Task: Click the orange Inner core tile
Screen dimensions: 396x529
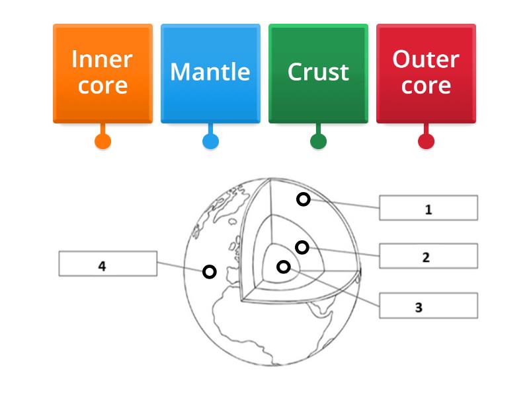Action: [102, 73]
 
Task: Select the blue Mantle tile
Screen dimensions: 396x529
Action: [210, 73]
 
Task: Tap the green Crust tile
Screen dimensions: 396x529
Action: [318, 73]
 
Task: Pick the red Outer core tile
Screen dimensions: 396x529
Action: [426, 73]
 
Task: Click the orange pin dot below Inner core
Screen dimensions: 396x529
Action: [102, 141]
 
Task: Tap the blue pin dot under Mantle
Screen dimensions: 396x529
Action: [210, 141]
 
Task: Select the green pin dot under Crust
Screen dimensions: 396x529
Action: [318, 141]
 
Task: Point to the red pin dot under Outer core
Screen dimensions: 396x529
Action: [426, 141]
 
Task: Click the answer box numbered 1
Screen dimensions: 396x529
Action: [428, 208]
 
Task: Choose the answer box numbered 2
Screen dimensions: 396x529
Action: [428, 257]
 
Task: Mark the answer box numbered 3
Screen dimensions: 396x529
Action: [428, 306]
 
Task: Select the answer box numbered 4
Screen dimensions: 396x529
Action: [108, 264]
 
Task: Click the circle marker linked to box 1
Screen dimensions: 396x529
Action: [303, 199]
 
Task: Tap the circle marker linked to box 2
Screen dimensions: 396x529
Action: [302, 247]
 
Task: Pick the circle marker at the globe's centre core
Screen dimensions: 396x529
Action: [283, 267]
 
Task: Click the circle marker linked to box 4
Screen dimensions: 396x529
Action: [209, 271]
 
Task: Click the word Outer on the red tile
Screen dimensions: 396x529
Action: [426, 59]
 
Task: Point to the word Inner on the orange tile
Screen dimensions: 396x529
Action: [102, 59]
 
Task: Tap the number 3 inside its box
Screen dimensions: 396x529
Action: [419, 308]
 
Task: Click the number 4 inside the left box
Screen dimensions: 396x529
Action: [102, 267]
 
